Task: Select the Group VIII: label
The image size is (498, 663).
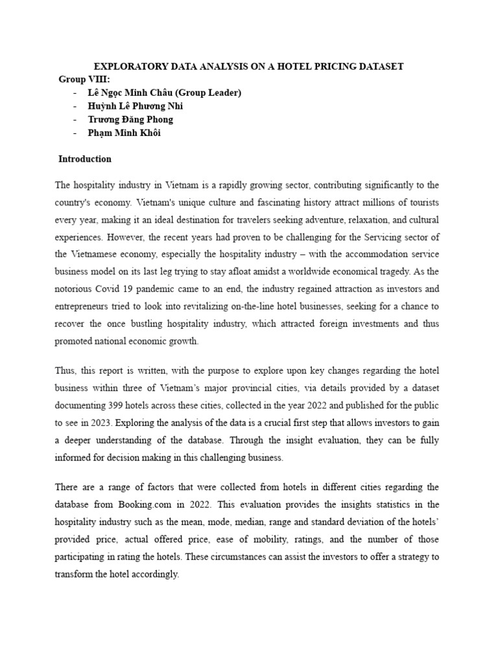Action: coord(84,79)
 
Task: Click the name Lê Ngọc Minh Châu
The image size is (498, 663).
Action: coord(129,93)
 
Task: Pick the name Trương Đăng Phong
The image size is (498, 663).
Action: coord(130,119)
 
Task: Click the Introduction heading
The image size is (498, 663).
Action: coord(85,159)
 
